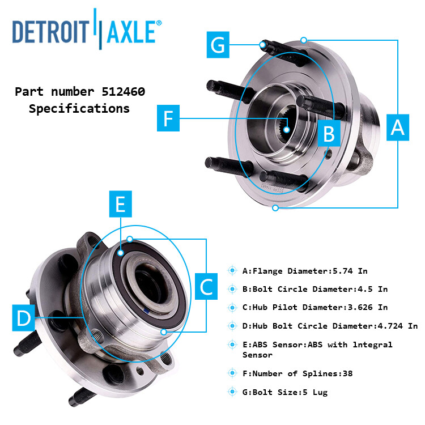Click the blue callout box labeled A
click(398, 127)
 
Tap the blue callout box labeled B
click(329, 134)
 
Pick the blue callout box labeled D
click(23, 318)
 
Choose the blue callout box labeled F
click(168, 118)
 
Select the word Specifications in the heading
click(79, 108)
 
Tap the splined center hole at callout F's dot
click(287, 130)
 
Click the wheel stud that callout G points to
click(263, 44)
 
